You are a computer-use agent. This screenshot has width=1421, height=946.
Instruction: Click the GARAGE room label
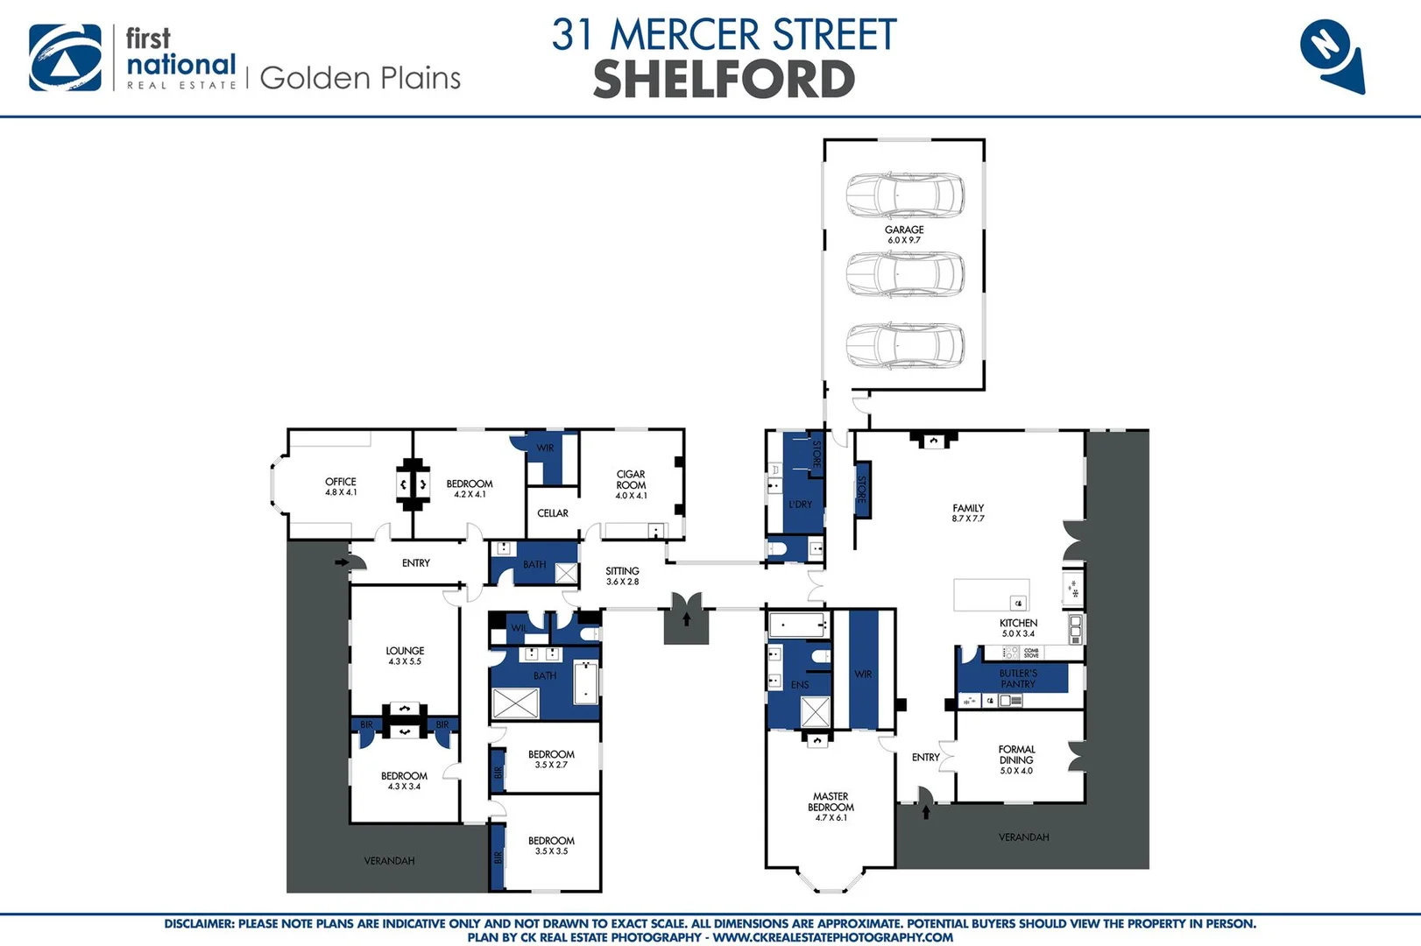(904, 234)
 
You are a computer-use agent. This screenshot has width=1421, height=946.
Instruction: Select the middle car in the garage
(905, 274)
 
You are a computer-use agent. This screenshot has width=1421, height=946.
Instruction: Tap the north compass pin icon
(1331, 54)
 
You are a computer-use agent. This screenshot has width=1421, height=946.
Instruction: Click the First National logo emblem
(65, 58)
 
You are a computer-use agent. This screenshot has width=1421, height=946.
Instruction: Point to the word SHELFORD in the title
(724, 80)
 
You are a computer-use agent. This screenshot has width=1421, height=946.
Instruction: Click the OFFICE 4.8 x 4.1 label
(341, 486)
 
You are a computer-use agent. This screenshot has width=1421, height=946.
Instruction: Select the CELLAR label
(553, 513)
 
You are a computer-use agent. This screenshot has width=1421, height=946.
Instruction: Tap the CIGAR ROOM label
(631, 484)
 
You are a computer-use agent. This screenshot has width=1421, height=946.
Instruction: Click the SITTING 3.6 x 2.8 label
(622, 575)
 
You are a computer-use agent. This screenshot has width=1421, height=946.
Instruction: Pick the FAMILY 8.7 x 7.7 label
(968, 512)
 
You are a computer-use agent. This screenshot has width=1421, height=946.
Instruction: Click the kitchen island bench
(991, 595)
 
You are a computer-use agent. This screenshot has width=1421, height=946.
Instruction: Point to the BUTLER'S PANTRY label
(1018, 678)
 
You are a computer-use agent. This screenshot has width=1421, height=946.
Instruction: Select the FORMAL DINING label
(1016, 759)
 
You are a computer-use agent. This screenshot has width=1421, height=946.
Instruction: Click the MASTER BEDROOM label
(831, 807)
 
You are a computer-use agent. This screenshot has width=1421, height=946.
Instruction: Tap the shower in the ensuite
(816, 712)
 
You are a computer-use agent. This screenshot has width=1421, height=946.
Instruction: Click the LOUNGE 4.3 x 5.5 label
(405, 655)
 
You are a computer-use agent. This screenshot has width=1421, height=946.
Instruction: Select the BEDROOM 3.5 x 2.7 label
(551, 759)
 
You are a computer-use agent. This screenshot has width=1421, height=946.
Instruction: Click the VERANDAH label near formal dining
(1023, 837)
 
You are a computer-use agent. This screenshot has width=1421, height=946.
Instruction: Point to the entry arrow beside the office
(341, 562)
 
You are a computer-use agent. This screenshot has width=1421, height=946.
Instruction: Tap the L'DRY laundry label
(800, 505)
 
